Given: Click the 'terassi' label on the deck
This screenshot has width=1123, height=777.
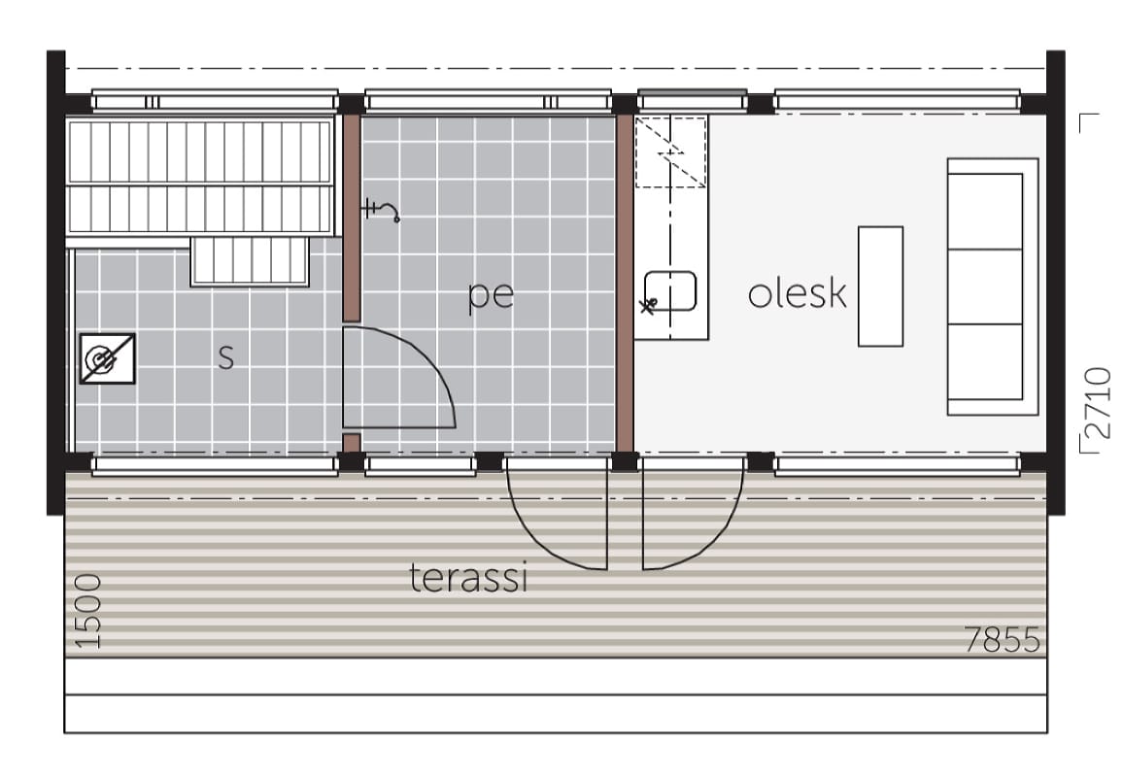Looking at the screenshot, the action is click(x=469, y=578).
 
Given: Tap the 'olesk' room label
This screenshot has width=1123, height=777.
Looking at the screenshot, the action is click(x=798, y=293).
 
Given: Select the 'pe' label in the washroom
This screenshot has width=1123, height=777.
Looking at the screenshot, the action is click(x=491, y=296).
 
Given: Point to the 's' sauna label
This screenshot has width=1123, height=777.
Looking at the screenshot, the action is click(x=226, y=355).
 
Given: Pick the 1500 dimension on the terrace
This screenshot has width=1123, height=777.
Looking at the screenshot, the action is click(x=87, y=611).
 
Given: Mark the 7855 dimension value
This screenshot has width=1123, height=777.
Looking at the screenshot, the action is click(x=1002, y=639).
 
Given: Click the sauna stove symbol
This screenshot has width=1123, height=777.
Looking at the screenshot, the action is click(x=108, y=358).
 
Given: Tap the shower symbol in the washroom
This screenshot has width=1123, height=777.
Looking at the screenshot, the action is click(x=380, y=210).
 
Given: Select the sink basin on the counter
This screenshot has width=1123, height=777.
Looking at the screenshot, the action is click(x=670, y=290).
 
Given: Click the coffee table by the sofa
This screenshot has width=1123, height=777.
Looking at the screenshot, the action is click(x=880, y=287).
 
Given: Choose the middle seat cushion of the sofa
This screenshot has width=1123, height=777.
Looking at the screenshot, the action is click(x=985, y=287).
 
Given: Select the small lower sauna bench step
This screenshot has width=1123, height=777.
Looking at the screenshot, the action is click(x=250, y=261).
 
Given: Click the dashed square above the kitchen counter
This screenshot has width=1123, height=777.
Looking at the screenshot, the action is click(x=671, y=152).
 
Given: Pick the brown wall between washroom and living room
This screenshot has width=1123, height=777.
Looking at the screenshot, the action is click(x=625, y=283).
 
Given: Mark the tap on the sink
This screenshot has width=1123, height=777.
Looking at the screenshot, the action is click(x=648, y=307).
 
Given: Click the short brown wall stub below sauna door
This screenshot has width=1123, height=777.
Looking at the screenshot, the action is click(x=351, y=443).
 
